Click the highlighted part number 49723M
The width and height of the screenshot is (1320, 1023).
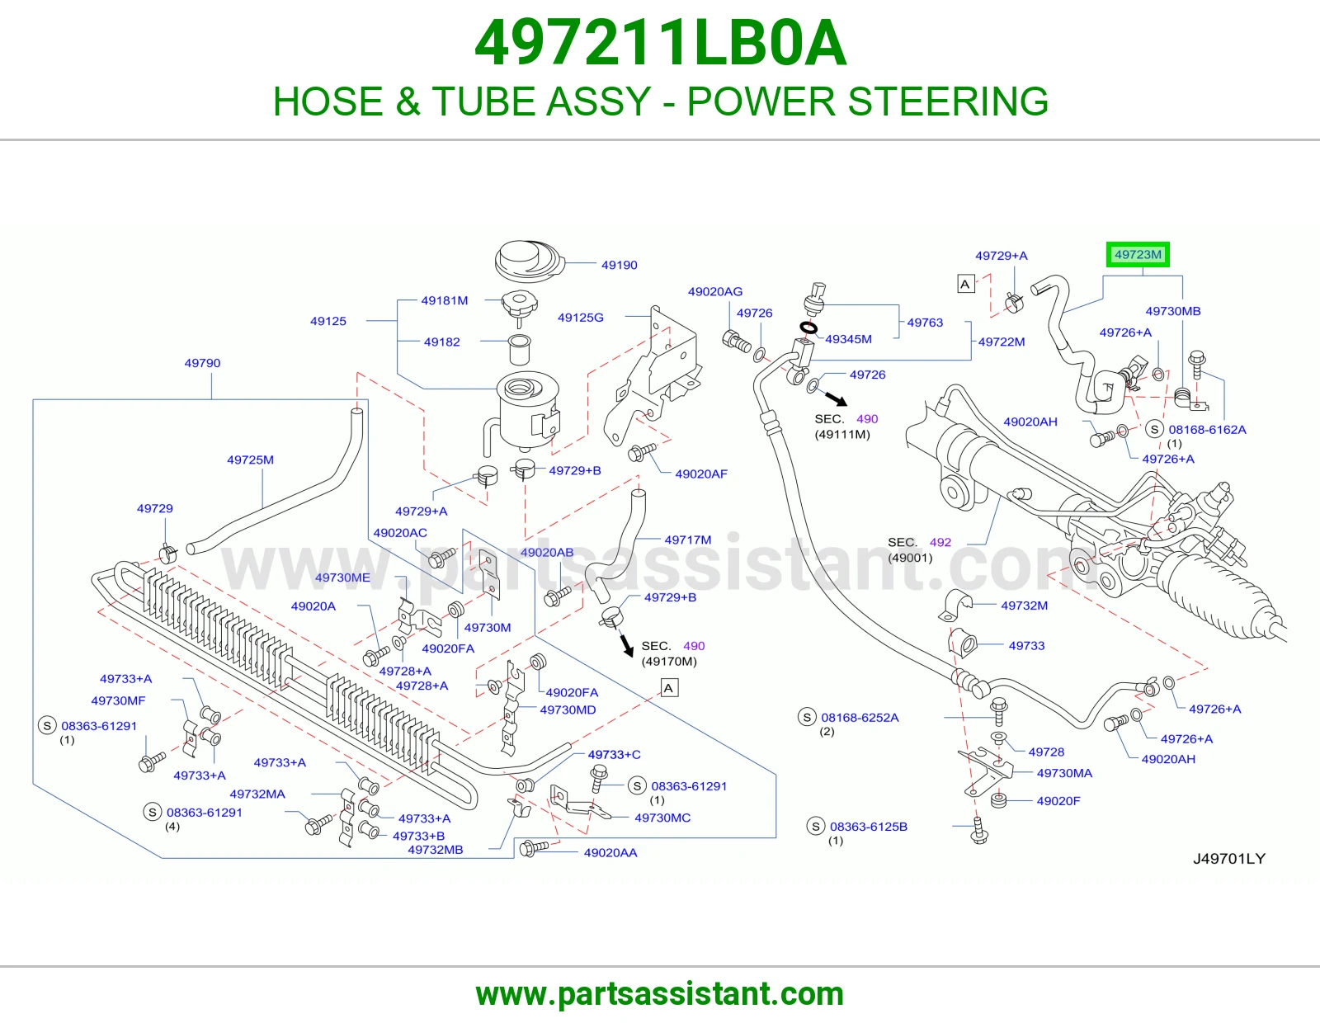point(1138,255)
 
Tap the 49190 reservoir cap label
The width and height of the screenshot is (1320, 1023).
point(619,265)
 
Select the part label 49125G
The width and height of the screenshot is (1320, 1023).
point(580,317)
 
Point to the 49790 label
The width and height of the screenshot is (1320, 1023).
point(202,363)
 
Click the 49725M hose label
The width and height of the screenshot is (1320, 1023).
point(250,460)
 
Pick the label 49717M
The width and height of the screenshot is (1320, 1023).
point(688,540)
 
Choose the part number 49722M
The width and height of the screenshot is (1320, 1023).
point(1001,342)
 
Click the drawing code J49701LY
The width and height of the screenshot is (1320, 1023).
point(1229,858)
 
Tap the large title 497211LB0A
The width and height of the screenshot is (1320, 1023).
point(660,44)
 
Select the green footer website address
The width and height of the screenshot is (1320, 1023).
point(660,994)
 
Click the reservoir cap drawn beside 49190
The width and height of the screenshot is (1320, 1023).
point(530,262)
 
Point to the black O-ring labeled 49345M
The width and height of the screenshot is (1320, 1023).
point(808,328)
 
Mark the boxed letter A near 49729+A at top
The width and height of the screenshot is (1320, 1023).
point(966,284)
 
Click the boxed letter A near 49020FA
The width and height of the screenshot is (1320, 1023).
point(669,688)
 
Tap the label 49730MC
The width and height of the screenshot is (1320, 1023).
point(662,818)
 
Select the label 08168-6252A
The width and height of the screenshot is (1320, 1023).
point(860,718)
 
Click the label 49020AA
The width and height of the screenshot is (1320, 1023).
point(610,853)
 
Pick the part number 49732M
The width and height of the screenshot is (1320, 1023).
point(1024,606)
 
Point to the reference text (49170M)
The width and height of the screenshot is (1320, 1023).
point(669,662)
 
